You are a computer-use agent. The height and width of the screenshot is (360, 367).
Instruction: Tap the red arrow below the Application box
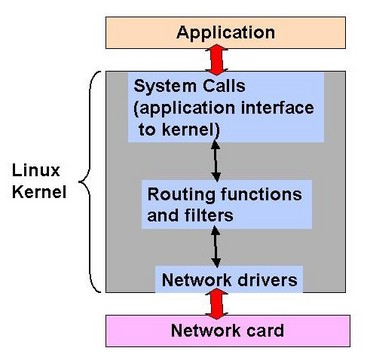[217, 67]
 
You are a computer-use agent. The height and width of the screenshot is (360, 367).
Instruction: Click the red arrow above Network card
[217, 300]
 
